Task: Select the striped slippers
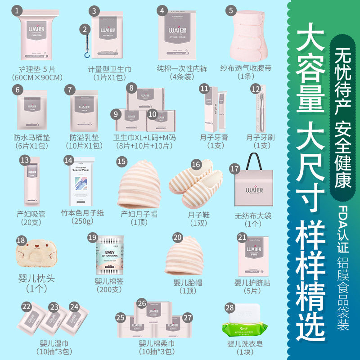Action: click(x=196, y=182)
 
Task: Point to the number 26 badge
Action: click(x=142, y=304)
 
